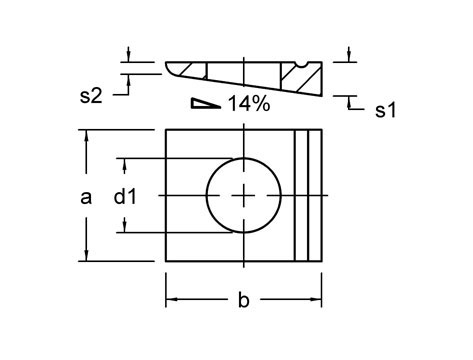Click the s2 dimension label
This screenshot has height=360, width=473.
pos(91,96)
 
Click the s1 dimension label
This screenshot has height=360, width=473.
pos(385,110)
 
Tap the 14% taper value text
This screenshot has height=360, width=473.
pos(249,104)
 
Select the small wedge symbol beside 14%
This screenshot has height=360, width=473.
pos(205,103)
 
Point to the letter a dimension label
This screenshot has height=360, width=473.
pos(86,197)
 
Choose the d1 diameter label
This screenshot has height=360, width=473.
pos(124,197)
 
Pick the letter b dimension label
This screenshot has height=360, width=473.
pos(243,299)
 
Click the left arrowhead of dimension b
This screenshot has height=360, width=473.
pos(170,298)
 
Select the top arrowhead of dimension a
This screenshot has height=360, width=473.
pos(87,135)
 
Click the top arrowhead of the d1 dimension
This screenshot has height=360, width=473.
pos(125,162)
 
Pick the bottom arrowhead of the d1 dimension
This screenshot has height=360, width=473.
pos(125,228)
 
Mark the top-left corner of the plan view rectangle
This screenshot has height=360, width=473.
pos(166,130)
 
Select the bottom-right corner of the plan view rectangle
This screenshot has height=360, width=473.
pos(321,261)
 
